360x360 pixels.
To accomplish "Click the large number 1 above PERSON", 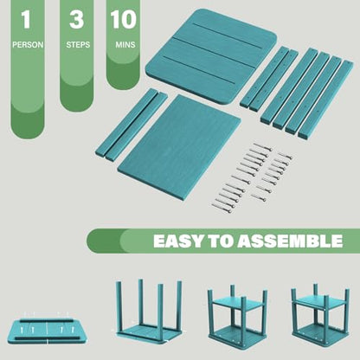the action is pos(26,19).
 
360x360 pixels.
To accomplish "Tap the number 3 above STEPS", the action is pos(76,19).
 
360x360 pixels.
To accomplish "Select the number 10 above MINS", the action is pos(123,19).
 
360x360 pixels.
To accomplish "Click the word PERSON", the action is pos(28,45).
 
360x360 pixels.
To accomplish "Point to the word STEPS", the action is pos(78,45).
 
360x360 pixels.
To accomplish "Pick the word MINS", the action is pos(125,45).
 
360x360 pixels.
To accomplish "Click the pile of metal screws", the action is pos(252,177).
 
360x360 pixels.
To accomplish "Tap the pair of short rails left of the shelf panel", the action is pos(132,125).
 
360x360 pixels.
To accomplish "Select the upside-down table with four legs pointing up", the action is pos(149,312).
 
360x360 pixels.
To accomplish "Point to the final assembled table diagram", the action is pos(320,314).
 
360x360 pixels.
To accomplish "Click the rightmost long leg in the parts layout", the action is pos(325,99).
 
